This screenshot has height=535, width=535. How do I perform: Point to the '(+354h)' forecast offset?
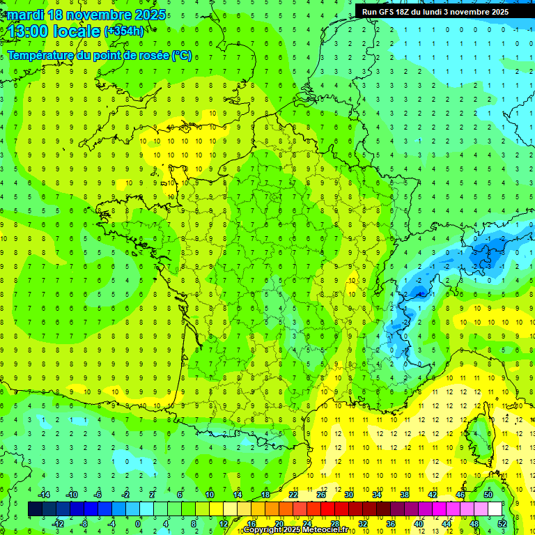click(124, 31)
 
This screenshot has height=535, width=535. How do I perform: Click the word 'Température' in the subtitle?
click(43, 56)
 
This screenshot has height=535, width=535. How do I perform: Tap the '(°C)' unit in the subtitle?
click(182, 56)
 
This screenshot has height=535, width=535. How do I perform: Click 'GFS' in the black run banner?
click(389, 12)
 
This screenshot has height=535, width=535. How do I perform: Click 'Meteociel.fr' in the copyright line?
click(315, 530)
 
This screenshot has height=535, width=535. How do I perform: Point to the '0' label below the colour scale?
click(138, 523)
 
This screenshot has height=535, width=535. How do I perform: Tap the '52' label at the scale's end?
click(502, 523)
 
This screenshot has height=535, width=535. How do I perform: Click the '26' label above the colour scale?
click(321, 495)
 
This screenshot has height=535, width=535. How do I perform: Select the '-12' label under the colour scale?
click(59, 523)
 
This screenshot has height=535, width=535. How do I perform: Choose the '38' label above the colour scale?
click(404, 495)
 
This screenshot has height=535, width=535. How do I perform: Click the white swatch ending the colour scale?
click(495, 509)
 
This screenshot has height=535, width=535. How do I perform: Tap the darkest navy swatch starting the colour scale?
click(35, 509)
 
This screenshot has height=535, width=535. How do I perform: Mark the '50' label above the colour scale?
click(488, 495)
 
